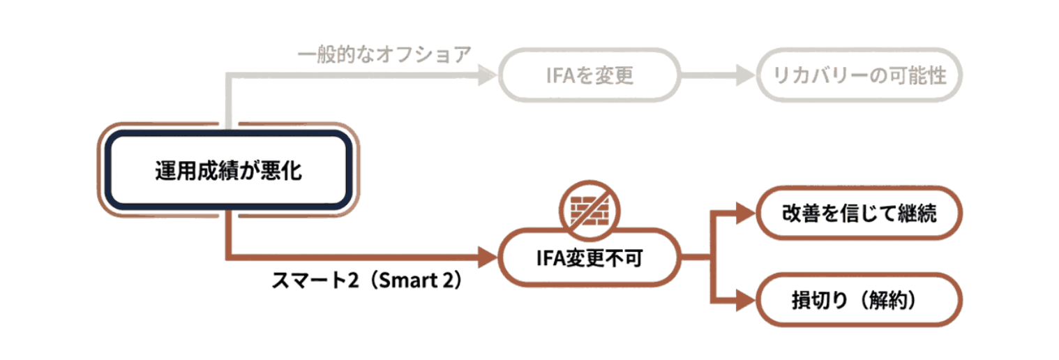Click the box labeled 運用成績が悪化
point(228,171)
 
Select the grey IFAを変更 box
point(589,75)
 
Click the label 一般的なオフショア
point(384,54)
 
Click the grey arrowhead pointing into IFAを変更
point(486,75)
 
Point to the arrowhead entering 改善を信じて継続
point(746,213)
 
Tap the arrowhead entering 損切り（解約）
point(746,300)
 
